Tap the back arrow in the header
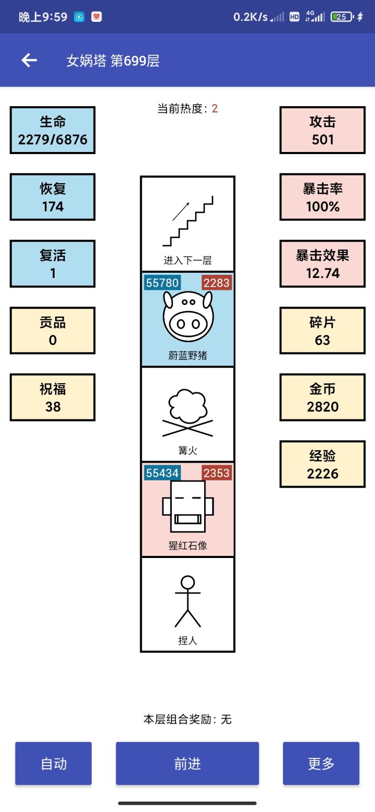tap(29, 60)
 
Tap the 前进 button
tap(187, 764)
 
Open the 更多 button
tap(321, 764)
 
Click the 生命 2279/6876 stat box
tap(53, 130)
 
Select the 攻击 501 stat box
tap(322, 130)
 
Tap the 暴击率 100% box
tap(322, 197)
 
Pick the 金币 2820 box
tap(322, 398)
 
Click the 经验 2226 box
tap(322, 464)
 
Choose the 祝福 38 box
tap(53, 398)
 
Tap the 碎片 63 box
tap(322, 331)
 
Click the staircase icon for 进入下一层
tap(188, 221)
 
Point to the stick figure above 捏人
tap(188, 601)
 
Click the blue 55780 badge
tap(162, 283)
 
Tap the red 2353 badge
tap(217, 473)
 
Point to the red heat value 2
tap(215, 108)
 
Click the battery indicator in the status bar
tap(342, 17)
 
